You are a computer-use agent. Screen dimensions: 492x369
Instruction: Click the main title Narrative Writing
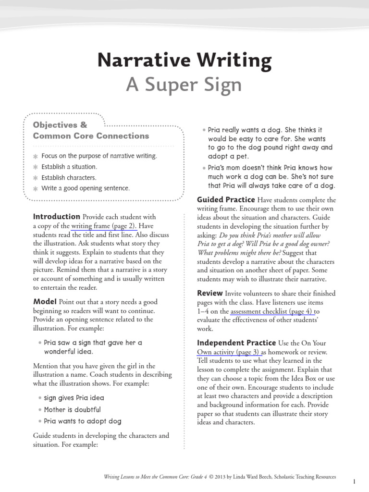(x=184, y=61)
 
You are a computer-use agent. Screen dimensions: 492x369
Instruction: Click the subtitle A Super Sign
(x=184, y=85)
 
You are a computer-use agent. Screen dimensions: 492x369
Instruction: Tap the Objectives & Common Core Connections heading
(x=91, y=130)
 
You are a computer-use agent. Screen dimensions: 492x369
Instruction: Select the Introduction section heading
(x=56, y=217)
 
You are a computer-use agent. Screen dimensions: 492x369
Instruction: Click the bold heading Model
(x=45, y=302)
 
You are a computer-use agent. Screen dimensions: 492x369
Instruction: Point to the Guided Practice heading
(x=226, y=199)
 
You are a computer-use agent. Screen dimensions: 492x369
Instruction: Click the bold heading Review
(x=210, y=293)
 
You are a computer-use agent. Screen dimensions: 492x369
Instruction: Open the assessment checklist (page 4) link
(x=272, y=311)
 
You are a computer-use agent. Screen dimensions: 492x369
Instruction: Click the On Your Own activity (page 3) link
(x=228, y=352)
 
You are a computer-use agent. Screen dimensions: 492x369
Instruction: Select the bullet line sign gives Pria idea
(x=74, y=398)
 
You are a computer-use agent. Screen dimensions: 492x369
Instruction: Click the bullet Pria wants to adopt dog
(x=83, y=421)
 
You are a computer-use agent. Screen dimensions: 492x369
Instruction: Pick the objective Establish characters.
(x=69, y=178)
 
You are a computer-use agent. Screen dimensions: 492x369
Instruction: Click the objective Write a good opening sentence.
(x=86, y=188)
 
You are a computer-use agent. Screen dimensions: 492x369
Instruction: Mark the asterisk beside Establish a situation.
(x=35, y=167)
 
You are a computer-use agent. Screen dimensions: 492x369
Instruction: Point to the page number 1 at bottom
(x=354, y=481)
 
